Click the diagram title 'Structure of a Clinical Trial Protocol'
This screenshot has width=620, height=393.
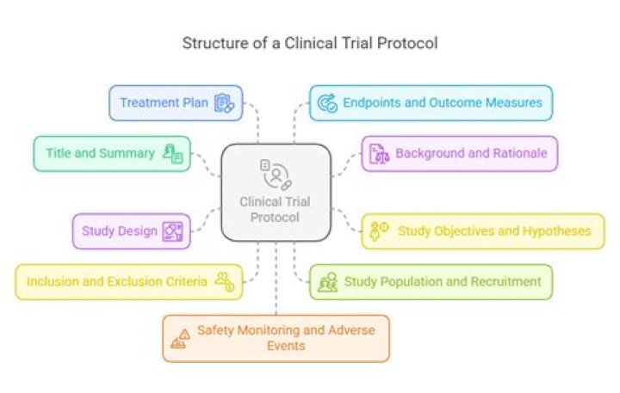[x=309, y=43]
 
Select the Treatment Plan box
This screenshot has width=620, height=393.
[x=176, y=102]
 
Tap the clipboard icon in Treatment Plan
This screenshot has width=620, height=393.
[x=224, y=103]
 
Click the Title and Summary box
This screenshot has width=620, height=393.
[x=112, y=154]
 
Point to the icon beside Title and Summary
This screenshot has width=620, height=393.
[x=172, y=155]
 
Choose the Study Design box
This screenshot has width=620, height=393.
[x=131, y=230]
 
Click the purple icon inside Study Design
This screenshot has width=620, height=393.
[x=172, y=231]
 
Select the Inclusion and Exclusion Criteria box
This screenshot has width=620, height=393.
[x=128, y=281]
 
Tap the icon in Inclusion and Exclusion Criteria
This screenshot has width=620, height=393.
[x=224, y=281]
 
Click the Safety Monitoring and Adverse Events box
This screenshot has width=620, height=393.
[x=276, y=338]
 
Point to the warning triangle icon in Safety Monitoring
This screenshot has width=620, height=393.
[x=180, y=338]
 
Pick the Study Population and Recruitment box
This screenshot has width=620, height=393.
[x=431, y=281]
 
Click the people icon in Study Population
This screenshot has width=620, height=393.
[x=327, y=282]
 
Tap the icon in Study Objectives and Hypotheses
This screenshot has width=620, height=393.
[x=379, y=230]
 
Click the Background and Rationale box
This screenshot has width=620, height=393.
[x=459, y=154]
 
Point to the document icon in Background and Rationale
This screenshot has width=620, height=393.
[x=379, y=155]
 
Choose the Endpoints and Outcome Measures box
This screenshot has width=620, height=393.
[x=431, y=102]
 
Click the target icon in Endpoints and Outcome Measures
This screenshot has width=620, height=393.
[x=327, y=103]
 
